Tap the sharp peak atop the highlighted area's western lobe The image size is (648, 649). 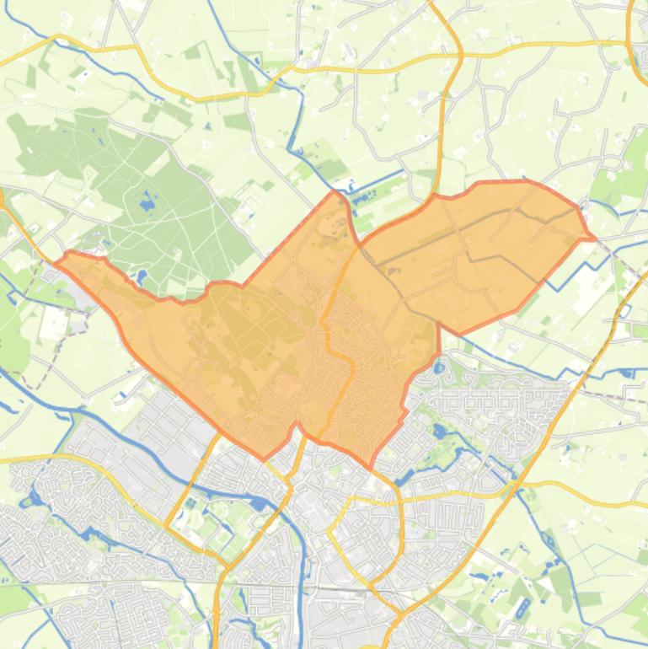point(335,191)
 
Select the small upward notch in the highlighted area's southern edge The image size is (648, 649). point(295,426)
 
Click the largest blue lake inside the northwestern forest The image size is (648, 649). point(148,202)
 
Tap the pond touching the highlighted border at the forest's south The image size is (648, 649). point(141,276)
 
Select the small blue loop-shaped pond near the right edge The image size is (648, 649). point(624,310)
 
